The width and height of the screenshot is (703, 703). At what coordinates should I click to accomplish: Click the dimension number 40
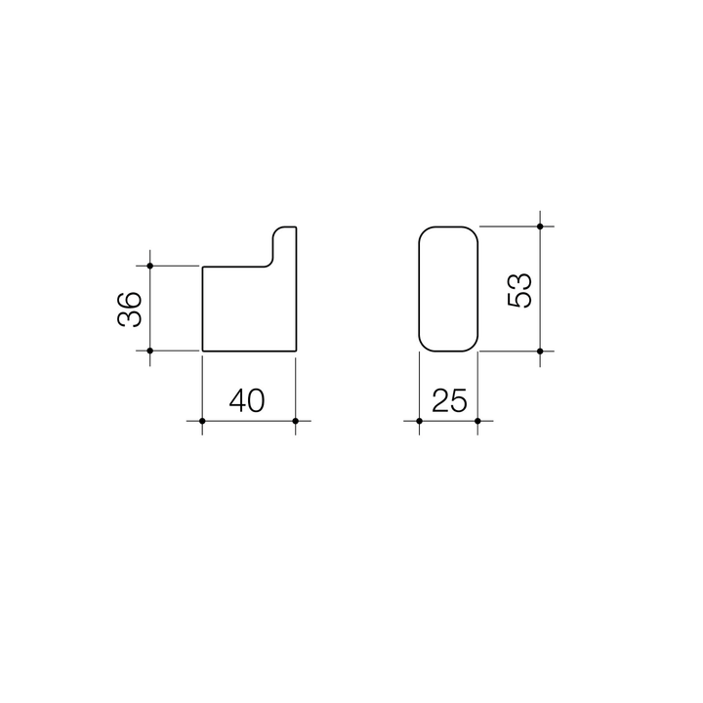coord(247,401)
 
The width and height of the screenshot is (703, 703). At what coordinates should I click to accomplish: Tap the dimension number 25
coord(447,401)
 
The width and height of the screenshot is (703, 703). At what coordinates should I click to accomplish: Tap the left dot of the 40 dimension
coord(201,421)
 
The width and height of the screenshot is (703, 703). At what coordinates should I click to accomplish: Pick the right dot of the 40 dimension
coord(295,421)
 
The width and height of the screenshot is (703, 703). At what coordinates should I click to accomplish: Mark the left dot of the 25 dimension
coord(419,421)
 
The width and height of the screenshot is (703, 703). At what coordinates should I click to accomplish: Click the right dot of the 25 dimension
coord(477,421)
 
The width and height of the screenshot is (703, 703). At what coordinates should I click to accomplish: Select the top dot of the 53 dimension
coord(540,227)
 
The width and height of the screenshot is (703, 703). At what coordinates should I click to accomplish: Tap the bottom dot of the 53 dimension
coord(540,351)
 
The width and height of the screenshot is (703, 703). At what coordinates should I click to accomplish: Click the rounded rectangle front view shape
coord(448,288)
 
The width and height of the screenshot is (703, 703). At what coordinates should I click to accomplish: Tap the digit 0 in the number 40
coord(259,401)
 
